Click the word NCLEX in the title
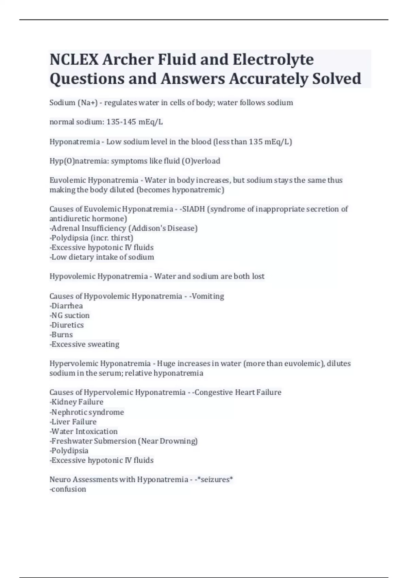(74, 60)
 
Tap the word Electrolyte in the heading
(273, 60)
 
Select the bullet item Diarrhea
(67, 306)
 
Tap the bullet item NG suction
(70, 316)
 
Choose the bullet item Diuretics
(67, 325)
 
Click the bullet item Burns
(62, 335)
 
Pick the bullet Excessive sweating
(85, 344)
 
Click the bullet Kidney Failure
(77, 402)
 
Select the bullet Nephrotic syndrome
(87, 412)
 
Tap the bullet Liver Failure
(74, 422)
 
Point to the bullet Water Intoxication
(84, 431)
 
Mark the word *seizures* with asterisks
(217, 480)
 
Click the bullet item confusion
(68, 489)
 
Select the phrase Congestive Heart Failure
(238, 393)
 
